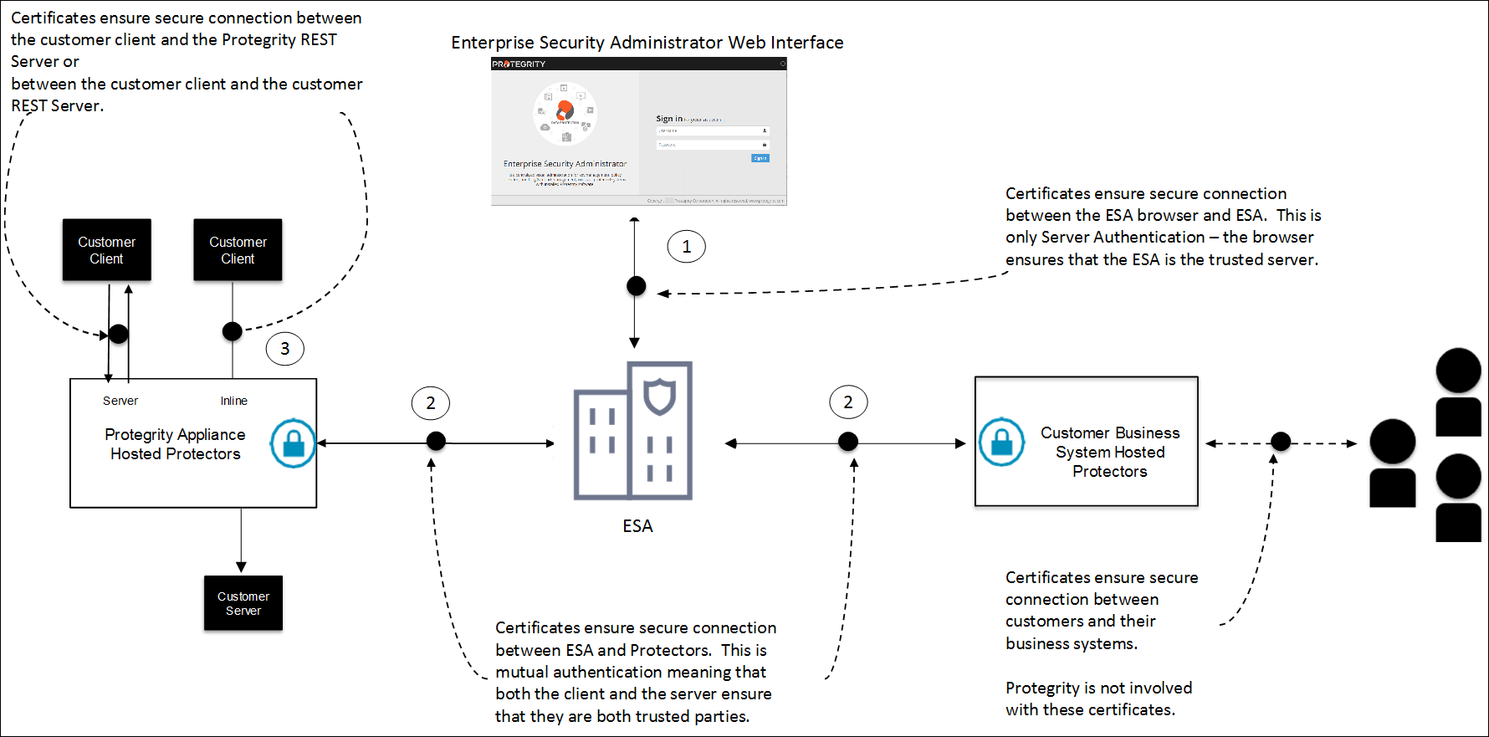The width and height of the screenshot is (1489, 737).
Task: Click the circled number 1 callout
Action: coord(686,247)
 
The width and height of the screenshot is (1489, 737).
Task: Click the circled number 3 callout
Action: coord(284,349)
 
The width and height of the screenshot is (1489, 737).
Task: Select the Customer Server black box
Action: coord(243,603)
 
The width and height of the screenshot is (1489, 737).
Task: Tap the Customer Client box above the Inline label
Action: coord(238,250)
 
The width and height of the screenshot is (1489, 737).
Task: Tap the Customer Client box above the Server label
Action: coord(107,250)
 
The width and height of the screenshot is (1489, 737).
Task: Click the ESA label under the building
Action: coord(637,526)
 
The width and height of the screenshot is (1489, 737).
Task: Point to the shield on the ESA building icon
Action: coord(659,396)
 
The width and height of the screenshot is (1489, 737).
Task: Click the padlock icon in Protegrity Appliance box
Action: coord(294,443)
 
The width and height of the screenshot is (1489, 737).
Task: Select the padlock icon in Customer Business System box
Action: coord(1001,442)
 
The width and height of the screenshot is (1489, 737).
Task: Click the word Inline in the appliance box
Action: coord(234,401)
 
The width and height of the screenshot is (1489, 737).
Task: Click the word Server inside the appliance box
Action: coord(120,401)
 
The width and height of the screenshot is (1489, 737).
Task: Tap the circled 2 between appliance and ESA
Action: coord(430,403)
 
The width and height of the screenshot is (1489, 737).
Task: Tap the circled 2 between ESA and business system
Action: coord(848,402)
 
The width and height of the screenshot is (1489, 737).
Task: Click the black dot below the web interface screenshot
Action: coord(636,286)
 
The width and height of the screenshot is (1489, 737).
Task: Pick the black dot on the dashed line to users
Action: coord(1280,441)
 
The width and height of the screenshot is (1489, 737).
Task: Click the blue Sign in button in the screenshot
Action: coord(760,158)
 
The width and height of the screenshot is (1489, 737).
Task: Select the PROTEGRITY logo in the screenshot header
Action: coord(519,64)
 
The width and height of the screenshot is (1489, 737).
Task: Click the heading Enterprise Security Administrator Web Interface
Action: coord(647,43)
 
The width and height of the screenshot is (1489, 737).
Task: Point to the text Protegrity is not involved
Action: coord(1098,688)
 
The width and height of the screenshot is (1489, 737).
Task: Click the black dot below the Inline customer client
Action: coord(233,331)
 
